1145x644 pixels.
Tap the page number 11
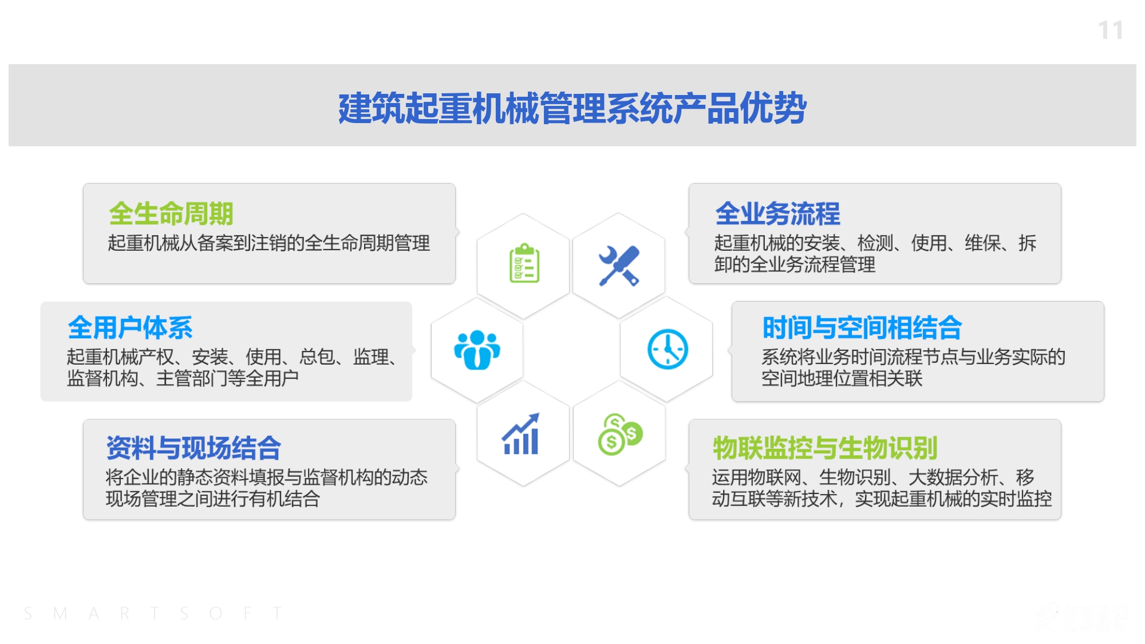point(1111,30)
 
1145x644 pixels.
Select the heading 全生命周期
point(171,214)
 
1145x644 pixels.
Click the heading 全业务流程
point(777,214)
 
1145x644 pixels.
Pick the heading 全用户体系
point(130,327)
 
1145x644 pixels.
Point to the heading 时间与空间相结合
point(862,327)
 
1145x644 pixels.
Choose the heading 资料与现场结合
point(194,448)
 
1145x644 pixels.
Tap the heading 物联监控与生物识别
point(825,448)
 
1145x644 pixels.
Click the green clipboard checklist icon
point(524,263)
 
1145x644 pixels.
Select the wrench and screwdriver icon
point(619,266)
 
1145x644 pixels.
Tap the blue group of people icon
point(477,350)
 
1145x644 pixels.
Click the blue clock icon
point(668,349)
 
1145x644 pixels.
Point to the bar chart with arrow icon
point(520,434)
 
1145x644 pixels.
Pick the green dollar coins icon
point(620,434)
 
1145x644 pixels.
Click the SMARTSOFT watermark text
point(153,614)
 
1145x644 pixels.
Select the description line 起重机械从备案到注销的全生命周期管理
point(269,243)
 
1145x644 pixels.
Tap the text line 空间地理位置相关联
point(842,378)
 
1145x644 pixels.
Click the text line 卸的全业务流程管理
point(795,264)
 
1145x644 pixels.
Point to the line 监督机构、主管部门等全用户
point(183,378)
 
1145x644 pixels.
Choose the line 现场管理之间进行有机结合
point(212,499)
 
